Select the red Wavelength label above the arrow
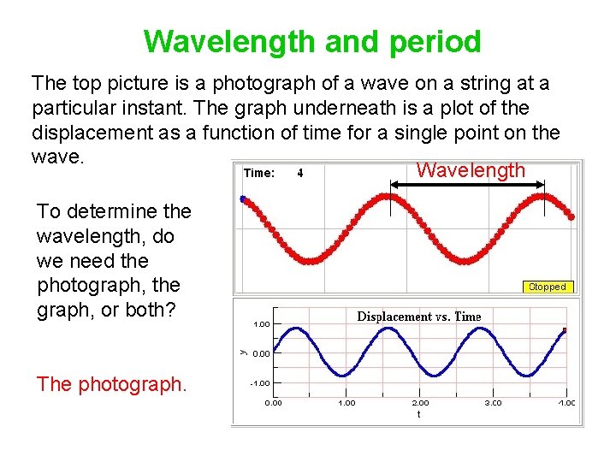click(x=470, y=170)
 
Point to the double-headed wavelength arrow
click(x=467, y=184)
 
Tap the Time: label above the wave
click(x=259, y=173)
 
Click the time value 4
click(x=299, y=173)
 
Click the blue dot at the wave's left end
click(x=243, y=199)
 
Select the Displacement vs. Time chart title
click(x=418, y=317)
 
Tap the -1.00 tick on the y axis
click(x=260, y=383)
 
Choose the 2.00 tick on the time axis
click(x=421, y=402)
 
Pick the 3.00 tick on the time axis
click(x=495, y=402)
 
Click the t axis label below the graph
click(x=418, y=413)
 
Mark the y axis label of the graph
click(x=243, y=351)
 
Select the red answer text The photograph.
click(x=111, y=385)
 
